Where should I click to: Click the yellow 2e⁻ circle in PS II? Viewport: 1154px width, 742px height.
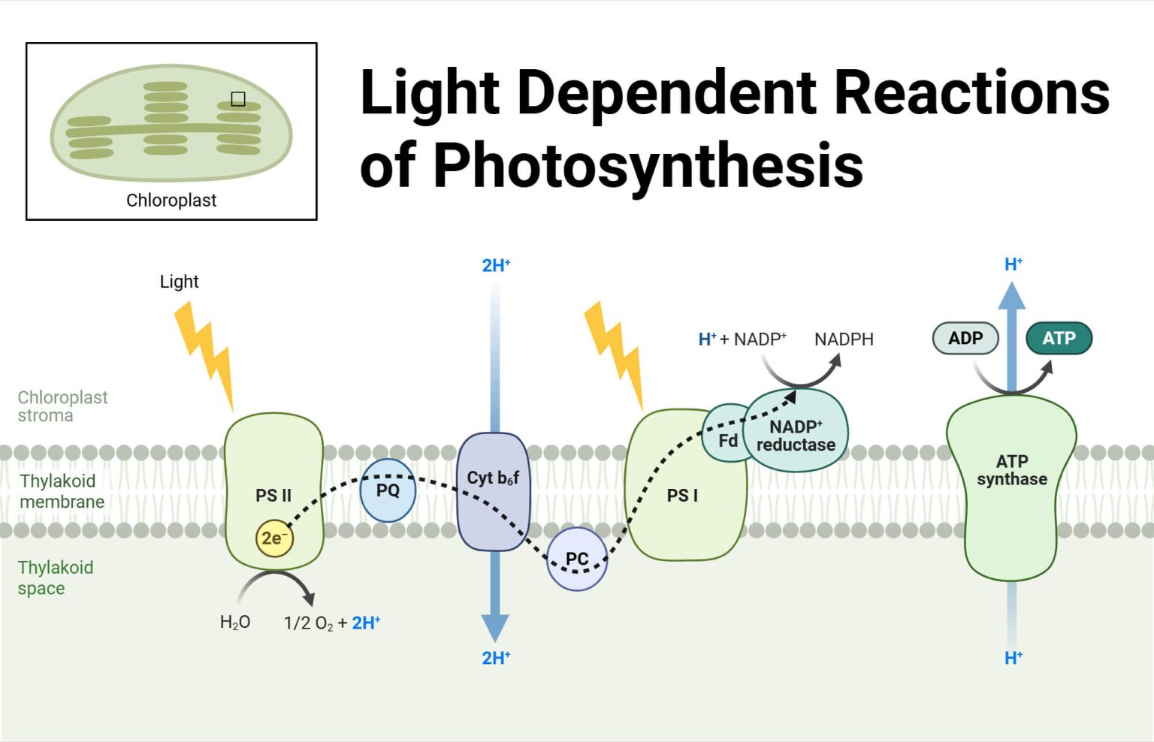pyautogui.click(x=273, y=538)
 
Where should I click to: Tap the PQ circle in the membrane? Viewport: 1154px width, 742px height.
pyautogui.click(x=388, y=490)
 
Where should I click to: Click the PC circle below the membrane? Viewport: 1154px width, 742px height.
pyautogui.click(x=576, y=559)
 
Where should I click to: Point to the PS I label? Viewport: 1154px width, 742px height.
pyautogui.click(x=682, y=496)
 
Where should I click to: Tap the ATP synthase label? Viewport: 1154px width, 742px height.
pyautogui.click(x=1011, y=471)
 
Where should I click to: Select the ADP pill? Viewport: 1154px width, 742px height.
pyautogui.click(x=965, y=338)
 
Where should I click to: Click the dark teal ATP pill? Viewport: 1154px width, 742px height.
pyautogui.click(x=1059, y=338)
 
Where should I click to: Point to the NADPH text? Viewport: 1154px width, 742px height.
pyautogui.click(x=844, y=339)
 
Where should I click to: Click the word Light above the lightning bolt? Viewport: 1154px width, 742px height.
pyautogui.click(x=179, y=282)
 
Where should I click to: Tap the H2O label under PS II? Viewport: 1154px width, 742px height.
pyautogui.click(x=235, y=623)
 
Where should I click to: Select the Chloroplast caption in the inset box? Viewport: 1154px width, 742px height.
pyautogui.click(x=171, y=201)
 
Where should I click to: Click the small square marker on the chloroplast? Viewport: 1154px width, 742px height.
pyautogui.click(x=238, y=99)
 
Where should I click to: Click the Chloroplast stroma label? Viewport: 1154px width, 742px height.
pyautogui.click(x=62, y=406)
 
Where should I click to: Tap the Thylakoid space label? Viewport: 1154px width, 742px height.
pyautogui.click(x=56, y=578)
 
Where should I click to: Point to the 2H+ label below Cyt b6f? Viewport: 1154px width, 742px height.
pyautogui.click(x=496, y=658)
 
